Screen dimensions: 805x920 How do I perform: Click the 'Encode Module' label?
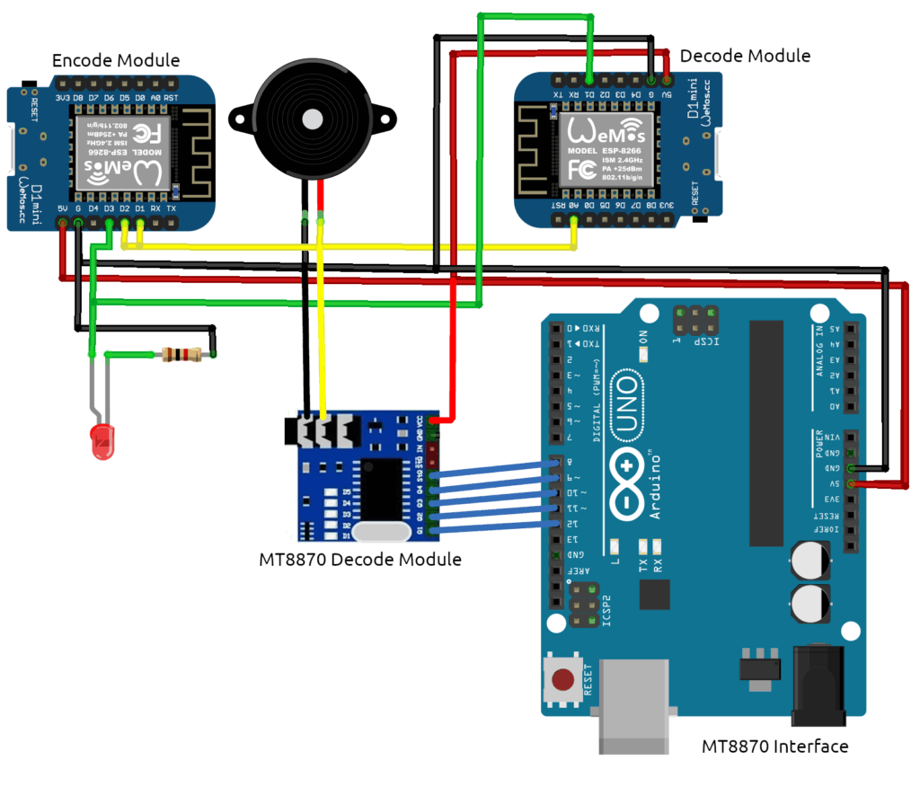click(x=116, y=61)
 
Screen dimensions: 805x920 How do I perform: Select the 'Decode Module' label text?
click(x=745, y=56)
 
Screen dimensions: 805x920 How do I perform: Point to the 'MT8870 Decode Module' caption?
click(x=359, y=559)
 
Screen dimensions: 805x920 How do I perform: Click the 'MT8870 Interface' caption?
click(x=774, y=746)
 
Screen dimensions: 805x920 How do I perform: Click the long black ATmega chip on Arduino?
click(x=767, y=431)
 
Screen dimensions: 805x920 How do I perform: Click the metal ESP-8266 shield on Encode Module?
click(x=126, y=152)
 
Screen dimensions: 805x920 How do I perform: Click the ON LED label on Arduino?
click(x=643, y=341)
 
